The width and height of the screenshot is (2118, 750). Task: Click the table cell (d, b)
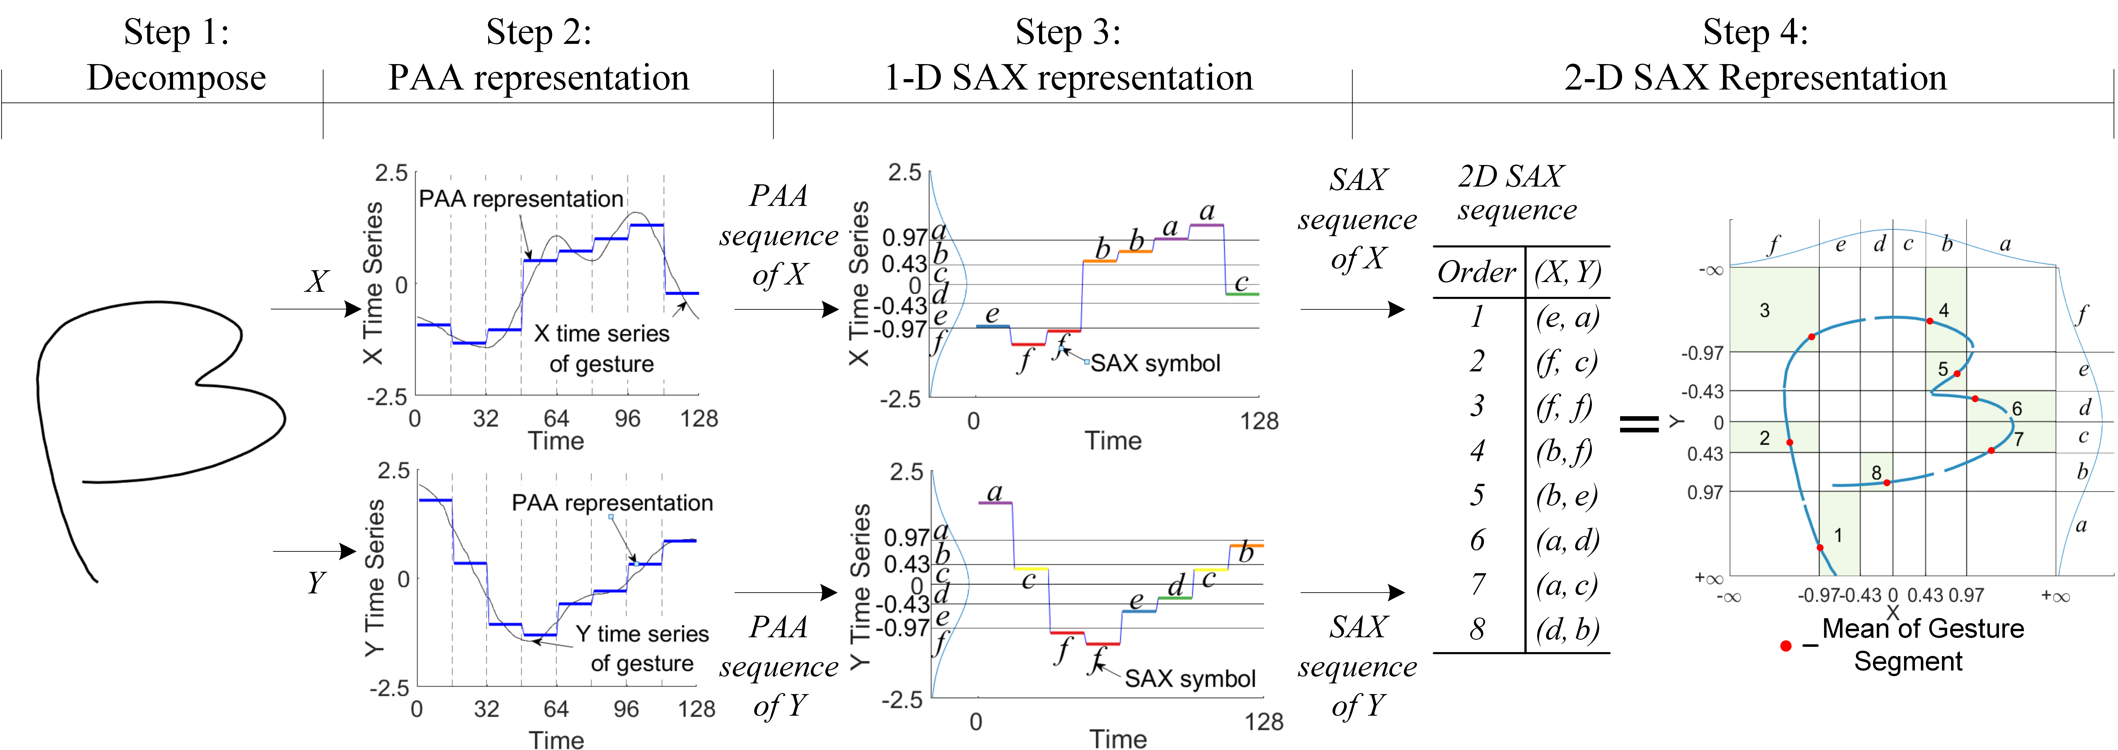click(x=1567, y=630)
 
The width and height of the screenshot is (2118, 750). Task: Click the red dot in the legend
click(x=1786, y=646)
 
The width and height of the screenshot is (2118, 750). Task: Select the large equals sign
click(x=1639, y=423)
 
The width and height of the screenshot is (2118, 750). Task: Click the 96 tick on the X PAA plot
click(x=627, y=419)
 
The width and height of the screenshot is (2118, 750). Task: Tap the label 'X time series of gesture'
click(x=602, y=348)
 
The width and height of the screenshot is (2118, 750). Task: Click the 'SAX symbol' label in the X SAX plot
click(x=1155, y=363)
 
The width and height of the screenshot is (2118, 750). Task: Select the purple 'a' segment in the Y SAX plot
click(x=996, y=502)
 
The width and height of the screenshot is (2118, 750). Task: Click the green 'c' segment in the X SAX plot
click(x=1242, y=294)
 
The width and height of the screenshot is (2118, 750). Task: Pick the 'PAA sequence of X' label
click(x=779, y=235)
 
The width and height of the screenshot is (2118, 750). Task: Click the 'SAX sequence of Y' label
click(x=1357, y=666)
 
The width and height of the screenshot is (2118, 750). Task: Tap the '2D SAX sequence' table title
click(x=1517, y=192)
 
